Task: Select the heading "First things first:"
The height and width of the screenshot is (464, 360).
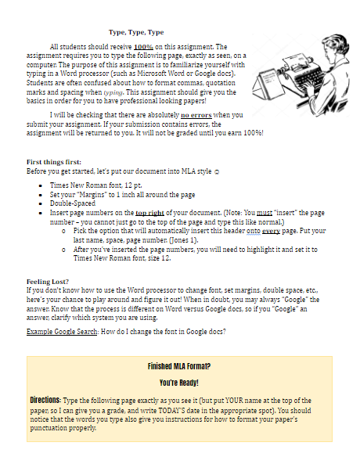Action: click(x=54, y=161)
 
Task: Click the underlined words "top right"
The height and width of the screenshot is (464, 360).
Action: click(x=151, y=212)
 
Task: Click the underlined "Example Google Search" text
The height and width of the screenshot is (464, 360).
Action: click(x=62, y=332)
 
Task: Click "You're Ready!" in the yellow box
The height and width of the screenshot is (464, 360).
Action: click(x=179, y=383)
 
